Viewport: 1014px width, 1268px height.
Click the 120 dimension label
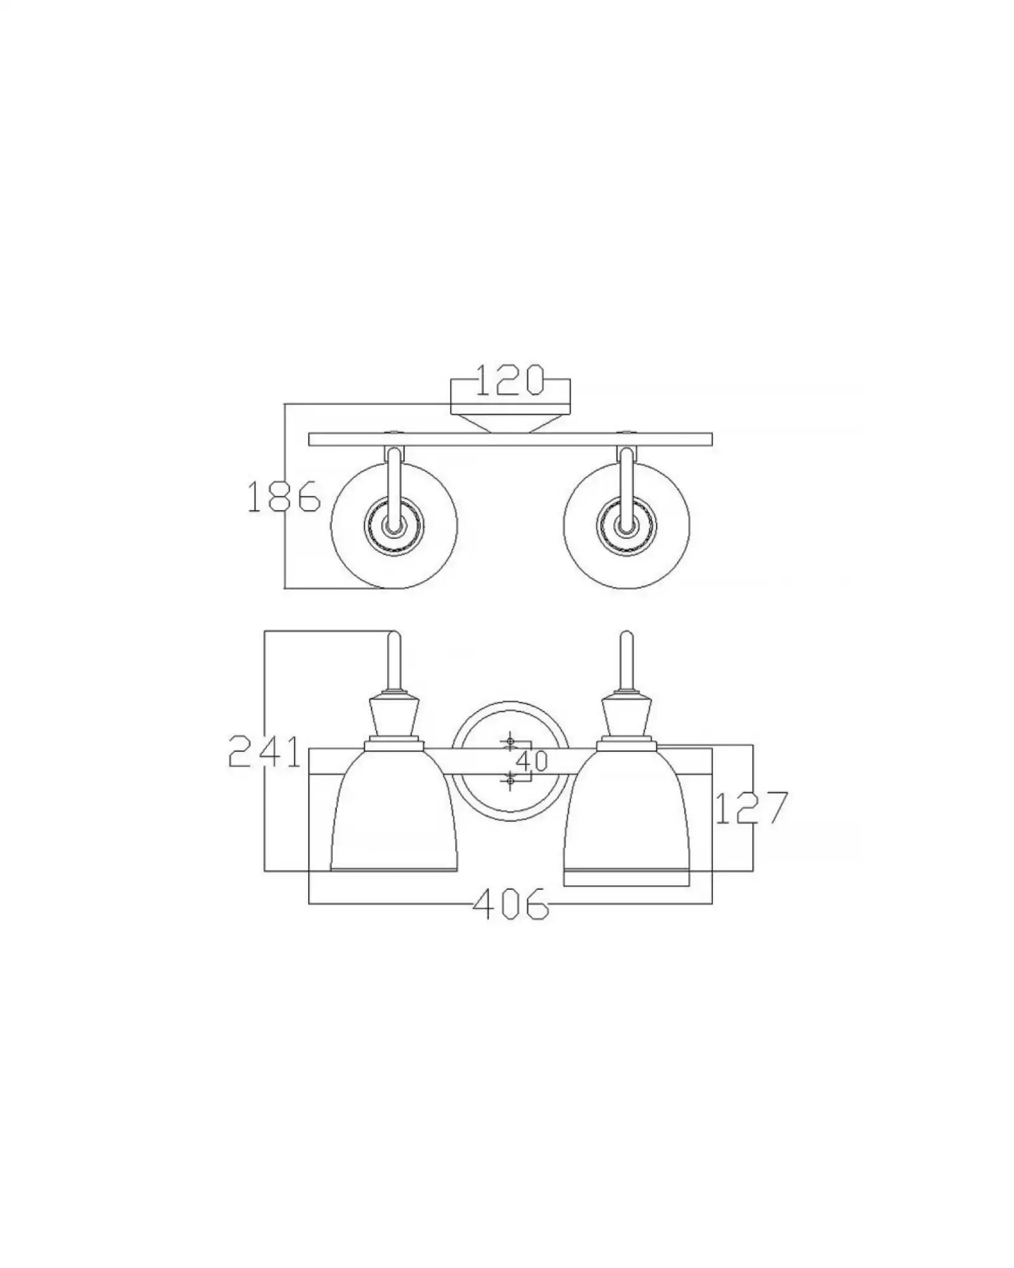tap(510, 380)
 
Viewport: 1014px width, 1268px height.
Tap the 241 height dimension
tap(264, 751)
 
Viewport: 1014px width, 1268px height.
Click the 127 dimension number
tap(752, 808)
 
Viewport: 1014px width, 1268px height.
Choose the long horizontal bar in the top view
tap(510, 439)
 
